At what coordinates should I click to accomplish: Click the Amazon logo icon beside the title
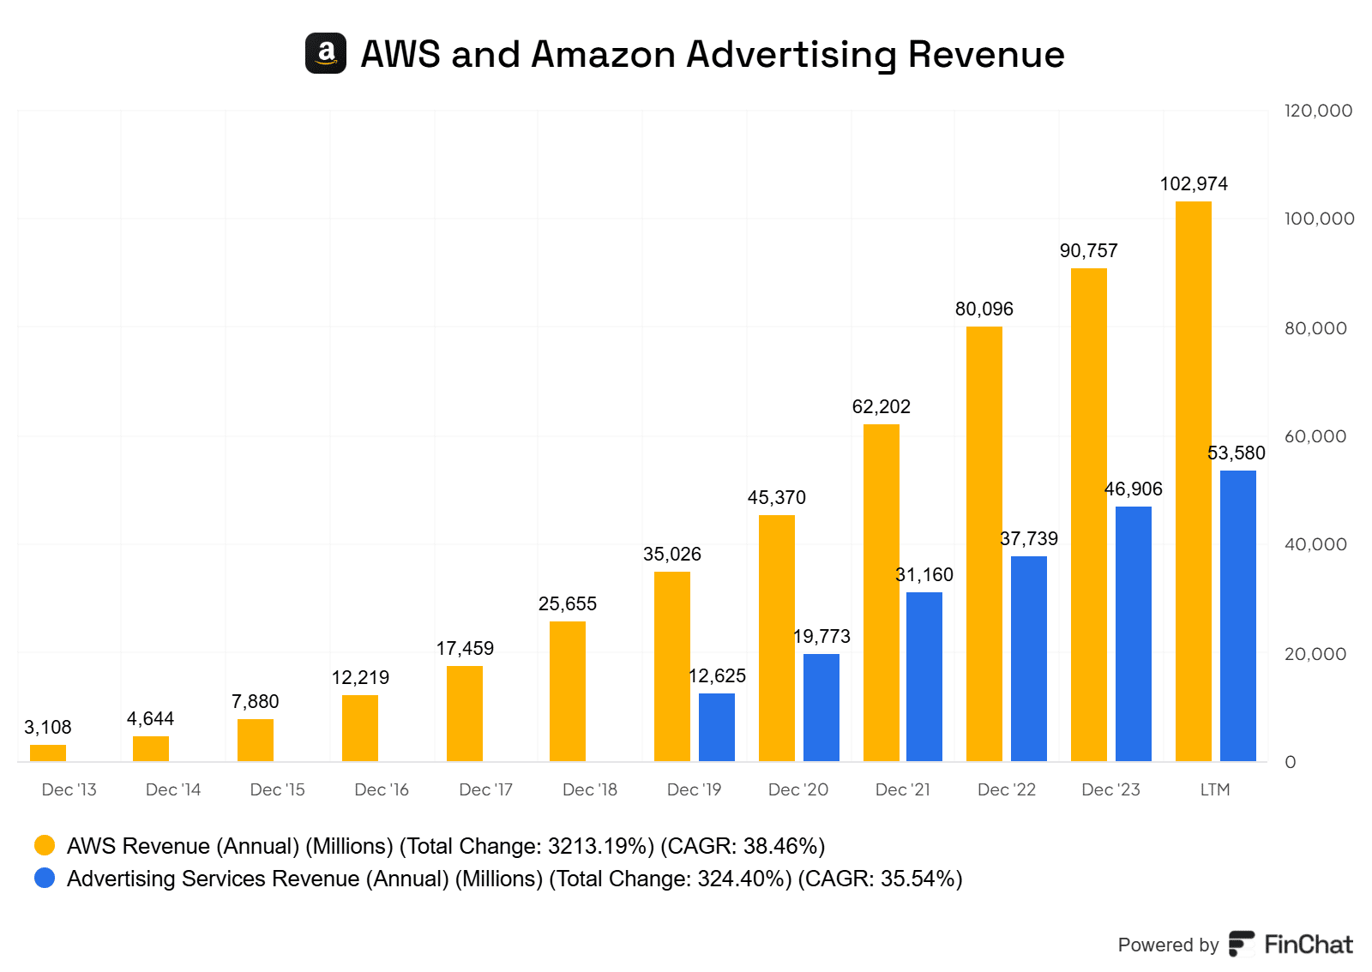(x=326, y=53)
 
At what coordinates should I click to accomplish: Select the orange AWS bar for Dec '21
(x=881, y=591)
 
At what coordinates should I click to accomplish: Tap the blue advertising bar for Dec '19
(x=716, y=727)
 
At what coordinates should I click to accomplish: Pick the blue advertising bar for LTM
(x=1237, y=615)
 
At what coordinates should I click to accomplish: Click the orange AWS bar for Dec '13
(x=48, y=753)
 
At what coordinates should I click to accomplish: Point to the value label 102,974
(x=1194, y=184)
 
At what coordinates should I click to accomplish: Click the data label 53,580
(x=1236, y=453)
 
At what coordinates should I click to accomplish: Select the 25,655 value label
(x=568, y=604)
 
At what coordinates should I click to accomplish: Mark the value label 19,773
(x=821, y=637)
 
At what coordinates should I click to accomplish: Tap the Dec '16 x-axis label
(x=382, y=789)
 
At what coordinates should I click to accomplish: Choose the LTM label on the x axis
(x=1214, y=789)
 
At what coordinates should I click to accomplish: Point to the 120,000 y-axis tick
(x=1318, y=111)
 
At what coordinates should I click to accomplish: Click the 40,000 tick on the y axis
(x=1315, y=544)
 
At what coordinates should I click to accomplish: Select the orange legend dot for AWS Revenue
(x=45, y=846)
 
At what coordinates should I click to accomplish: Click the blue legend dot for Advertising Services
(x=45, y=879)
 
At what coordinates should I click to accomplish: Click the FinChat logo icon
(x=1241, y=944)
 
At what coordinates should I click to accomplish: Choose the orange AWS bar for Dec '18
(x=568, y=691)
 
